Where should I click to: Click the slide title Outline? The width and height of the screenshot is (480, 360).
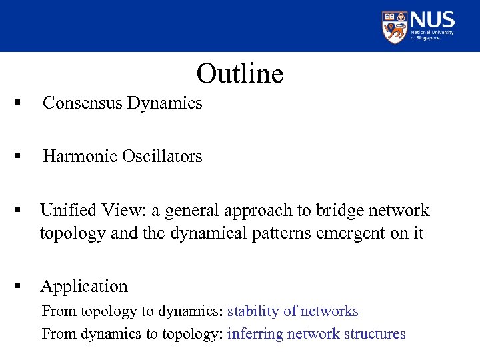click(240, 73)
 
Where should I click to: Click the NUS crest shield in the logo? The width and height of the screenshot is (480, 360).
click(394, 27)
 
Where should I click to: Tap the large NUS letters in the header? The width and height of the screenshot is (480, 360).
click(433, 19)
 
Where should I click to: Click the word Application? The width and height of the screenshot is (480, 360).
click(84, 287)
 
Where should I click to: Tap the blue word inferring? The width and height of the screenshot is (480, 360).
click(255, 333)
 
